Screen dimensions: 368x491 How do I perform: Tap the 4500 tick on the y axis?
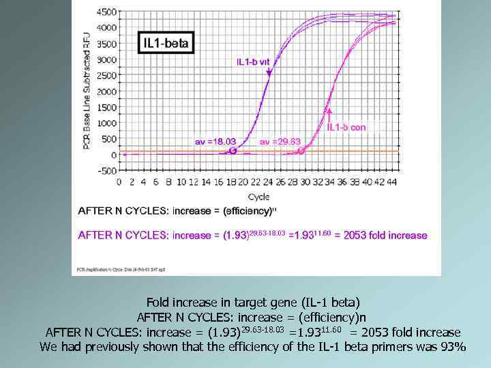pyautogui.click(x=106, y=12)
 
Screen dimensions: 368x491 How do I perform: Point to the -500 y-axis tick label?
pyautogui.click(x=107, y=171)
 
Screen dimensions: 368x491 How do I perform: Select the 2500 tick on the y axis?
pyautogui.click(x=106, y=76)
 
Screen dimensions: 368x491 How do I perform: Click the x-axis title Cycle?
pyautogui.click(x=258, y=196)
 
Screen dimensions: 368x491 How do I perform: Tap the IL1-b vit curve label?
pyautogui.click(x=253, y=61)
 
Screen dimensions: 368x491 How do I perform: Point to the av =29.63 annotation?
pyautogui.click(x=280, y=141)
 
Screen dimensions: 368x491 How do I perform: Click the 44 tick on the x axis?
pyautogui.click(x=391, y=182)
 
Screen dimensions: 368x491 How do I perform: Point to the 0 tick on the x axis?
pyautogui.click(x=119, y=182)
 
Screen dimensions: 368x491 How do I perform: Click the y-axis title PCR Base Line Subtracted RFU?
pyautogui.click(x=86, y=89)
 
